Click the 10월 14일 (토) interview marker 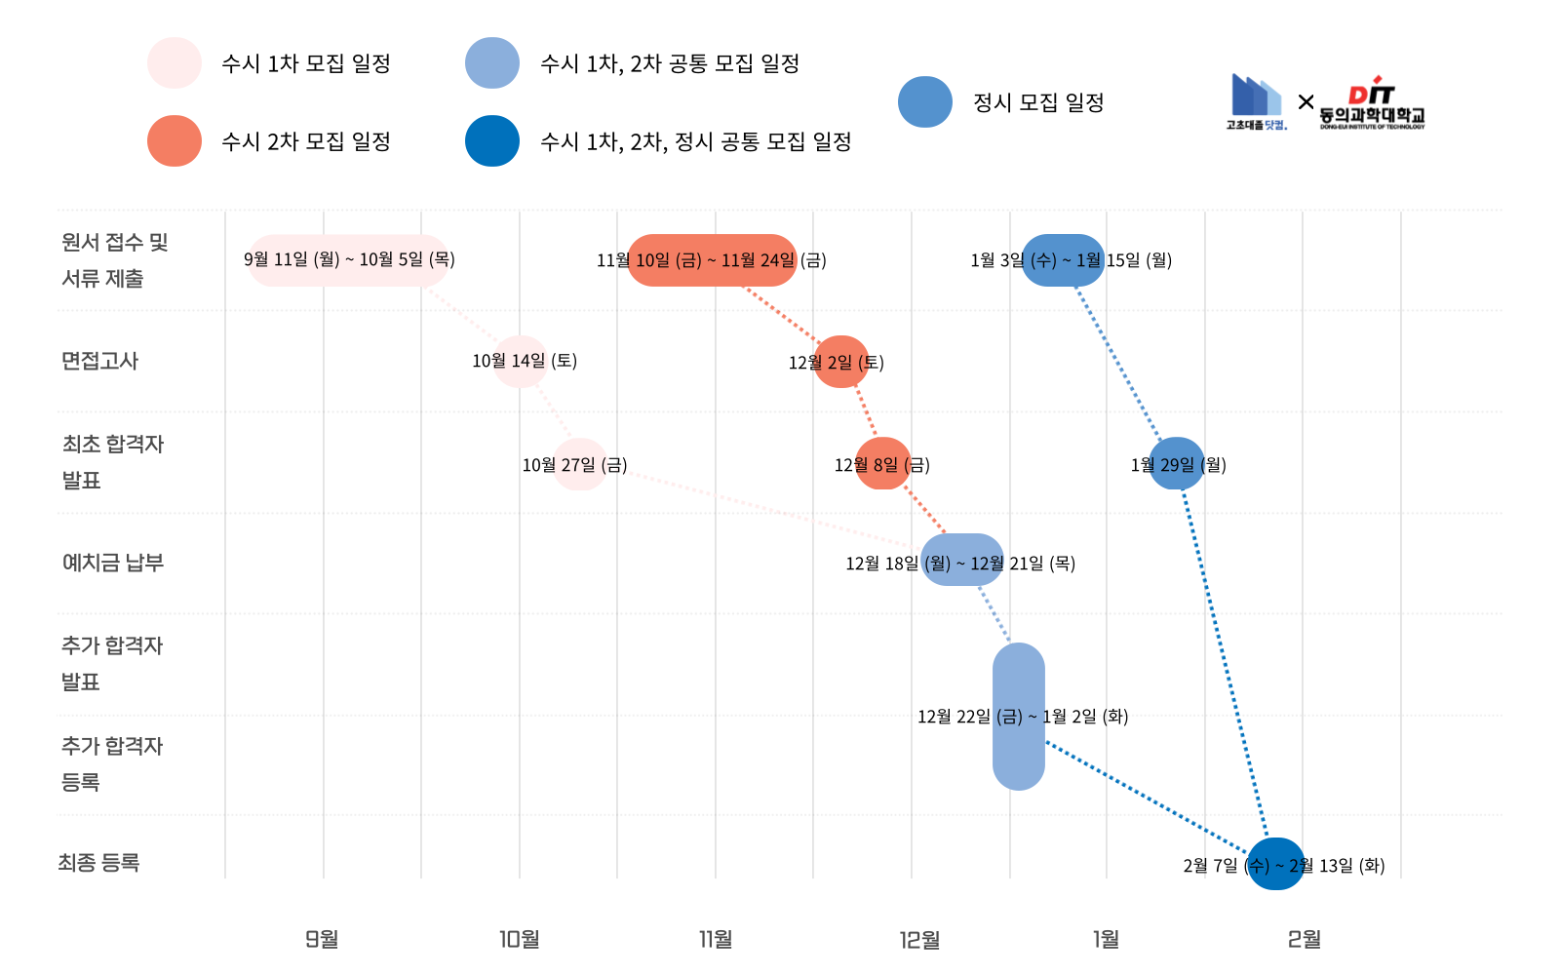(520, 362)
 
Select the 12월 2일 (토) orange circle (840, 362)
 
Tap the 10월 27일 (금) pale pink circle (580, 464)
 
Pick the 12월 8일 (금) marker (882, 464)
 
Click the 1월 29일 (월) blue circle (1177, 464)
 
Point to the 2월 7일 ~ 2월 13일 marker (1276, 864)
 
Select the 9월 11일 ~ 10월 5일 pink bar (348, 260)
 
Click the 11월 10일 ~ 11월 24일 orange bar (712, 260)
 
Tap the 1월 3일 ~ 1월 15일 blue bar (1063, 260)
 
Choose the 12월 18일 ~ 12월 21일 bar (962, 560)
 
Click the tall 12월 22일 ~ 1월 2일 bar (1019, 717)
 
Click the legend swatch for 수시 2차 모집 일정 (175, 141)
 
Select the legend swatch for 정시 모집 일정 (925, 102)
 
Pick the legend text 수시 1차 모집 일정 (306, 63)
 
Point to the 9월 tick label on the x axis (322, 939)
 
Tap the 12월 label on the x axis (919, 939)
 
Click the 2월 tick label (1304, 939)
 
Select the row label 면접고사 (100, 361)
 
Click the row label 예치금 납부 (113, 563)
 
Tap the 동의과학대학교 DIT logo (1372, 103)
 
